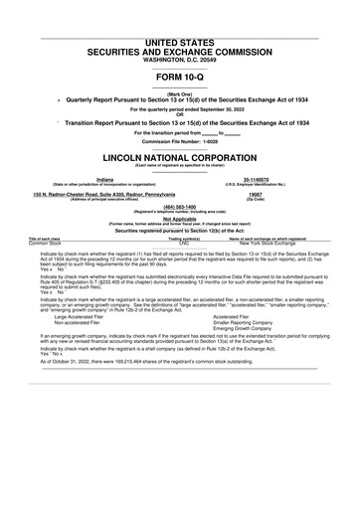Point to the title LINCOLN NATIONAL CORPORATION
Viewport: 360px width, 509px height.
click(180, 158)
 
